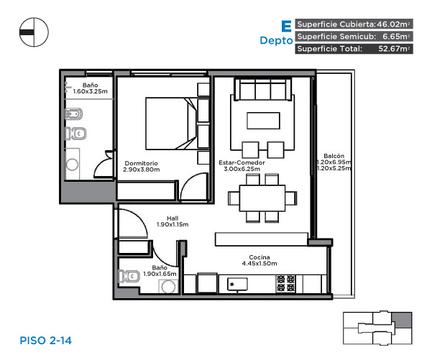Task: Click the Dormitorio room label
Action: click(x=141, y=163)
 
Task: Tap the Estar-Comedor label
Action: click(x=242, y=163)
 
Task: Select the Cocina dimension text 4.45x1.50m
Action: click(x=259, y=264)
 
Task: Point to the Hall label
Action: click(x=173, y=218)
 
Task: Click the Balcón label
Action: click(x=334, y=156)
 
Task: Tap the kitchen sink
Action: click(x=237, y=284)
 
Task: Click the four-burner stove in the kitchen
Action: click(x=286, y=284)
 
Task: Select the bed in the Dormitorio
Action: click(x=171, y=124)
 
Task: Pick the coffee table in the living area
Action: click(x=263, y=121)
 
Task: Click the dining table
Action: click(x=262, y=198)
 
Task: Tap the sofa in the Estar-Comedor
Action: click(x=262, y=89)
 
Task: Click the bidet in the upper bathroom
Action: click(x=73, y=114)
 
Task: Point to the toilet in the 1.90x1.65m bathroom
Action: click(x=129, y=276)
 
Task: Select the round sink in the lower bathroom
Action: click(x=168, y=287)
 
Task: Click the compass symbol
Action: click(x=34, y=32)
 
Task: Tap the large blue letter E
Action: click(x=287, y=27)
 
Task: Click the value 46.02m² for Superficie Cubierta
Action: click(x=393, y=24)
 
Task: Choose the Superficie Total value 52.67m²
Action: click(x=394, y=49)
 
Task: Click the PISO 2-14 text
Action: click(x=46, y=341)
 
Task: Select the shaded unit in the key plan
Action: click(x=402, y=320)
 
